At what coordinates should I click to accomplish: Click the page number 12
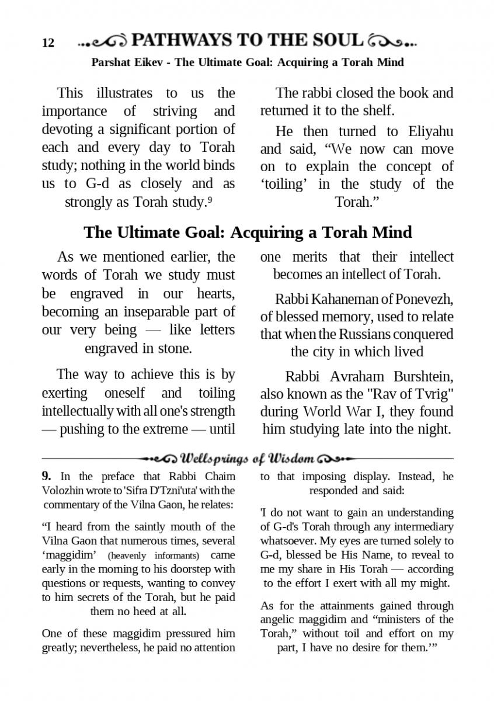point(48,43)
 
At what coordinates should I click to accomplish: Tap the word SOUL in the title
point(338,40)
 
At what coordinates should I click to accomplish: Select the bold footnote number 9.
point(47,476)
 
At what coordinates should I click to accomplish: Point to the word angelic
point(279,619)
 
